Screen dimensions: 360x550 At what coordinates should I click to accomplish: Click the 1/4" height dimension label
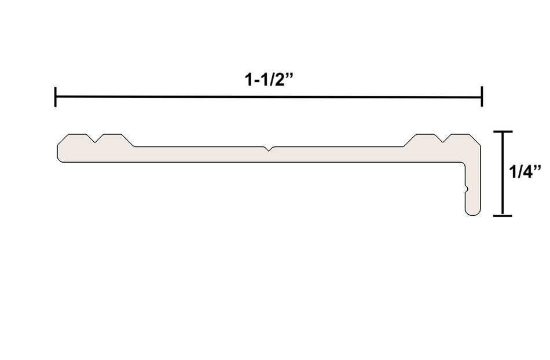525,172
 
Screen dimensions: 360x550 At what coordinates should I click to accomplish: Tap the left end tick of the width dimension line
56,97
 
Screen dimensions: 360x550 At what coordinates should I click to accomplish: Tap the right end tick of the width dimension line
482,97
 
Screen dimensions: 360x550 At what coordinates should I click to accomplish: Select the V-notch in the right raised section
445,139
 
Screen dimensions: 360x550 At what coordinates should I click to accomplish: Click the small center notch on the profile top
269,149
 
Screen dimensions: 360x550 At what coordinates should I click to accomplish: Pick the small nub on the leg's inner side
466,188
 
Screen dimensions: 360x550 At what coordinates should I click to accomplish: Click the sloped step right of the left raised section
129,141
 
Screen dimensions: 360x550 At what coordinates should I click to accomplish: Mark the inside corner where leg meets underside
464,163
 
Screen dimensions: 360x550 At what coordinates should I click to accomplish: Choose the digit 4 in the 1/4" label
530,172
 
